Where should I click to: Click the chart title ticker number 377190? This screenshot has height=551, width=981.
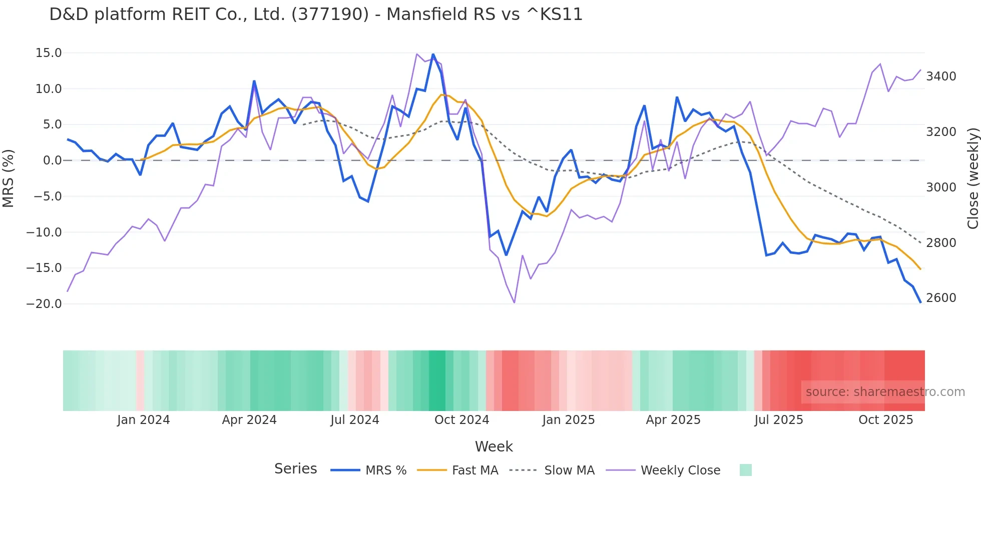click(x=330, y=14)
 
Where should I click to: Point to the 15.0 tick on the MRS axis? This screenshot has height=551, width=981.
click(x=49, y=53)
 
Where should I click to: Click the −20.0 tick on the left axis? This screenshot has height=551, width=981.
click(x=44, y=304)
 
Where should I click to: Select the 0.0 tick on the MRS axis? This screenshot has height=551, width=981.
click(x=52, y=160)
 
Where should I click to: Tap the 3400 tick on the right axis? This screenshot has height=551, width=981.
click(x=941, y=76)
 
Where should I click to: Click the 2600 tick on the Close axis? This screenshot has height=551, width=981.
click(x=941, y=298)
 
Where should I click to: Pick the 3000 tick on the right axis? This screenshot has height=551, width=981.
click(x=941, y=187)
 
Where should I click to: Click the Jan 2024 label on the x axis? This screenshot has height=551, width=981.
click(x=144, y=420)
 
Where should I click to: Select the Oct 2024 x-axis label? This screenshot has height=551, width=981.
click(x=461, y=420)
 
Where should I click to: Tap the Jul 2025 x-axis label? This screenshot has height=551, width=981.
click(x=779, y=420)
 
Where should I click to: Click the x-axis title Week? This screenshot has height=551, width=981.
click(x=494, y=446)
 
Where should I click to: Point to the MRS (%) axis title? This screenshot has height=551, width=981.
click(x=9, y=178)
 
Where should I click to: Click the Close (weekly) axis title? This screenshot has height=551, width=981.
click(x=972, y=178)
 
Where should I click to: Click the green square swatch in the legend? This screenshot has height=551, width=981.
click(x=745, y=470)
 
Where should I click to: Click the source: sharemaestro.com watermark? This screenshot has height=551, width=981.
click(x=885, y=392)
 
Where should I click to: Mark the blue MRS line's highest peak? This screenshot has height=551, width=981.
click(x=433, y=54)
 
